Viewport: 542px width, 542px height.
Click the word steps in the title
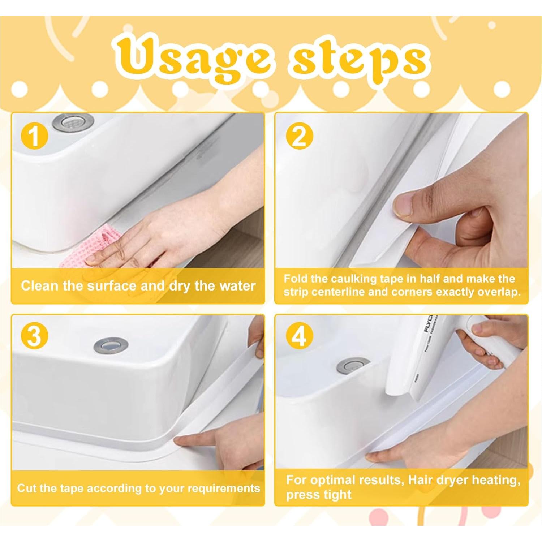(360, 60)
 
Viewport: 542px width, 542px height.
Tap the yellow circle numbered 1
(34, 137)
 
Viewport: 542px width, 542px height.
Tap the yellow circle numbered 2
(299, 137)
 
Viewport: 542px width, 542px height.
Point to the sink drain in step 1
(73, 122)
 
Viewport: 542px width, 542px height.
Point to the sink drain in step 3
(111, 346)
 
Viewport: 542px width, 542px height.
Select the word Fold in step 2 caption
(296, 279)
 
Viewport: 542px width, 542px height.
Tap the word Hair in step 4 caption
(421, 480)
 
